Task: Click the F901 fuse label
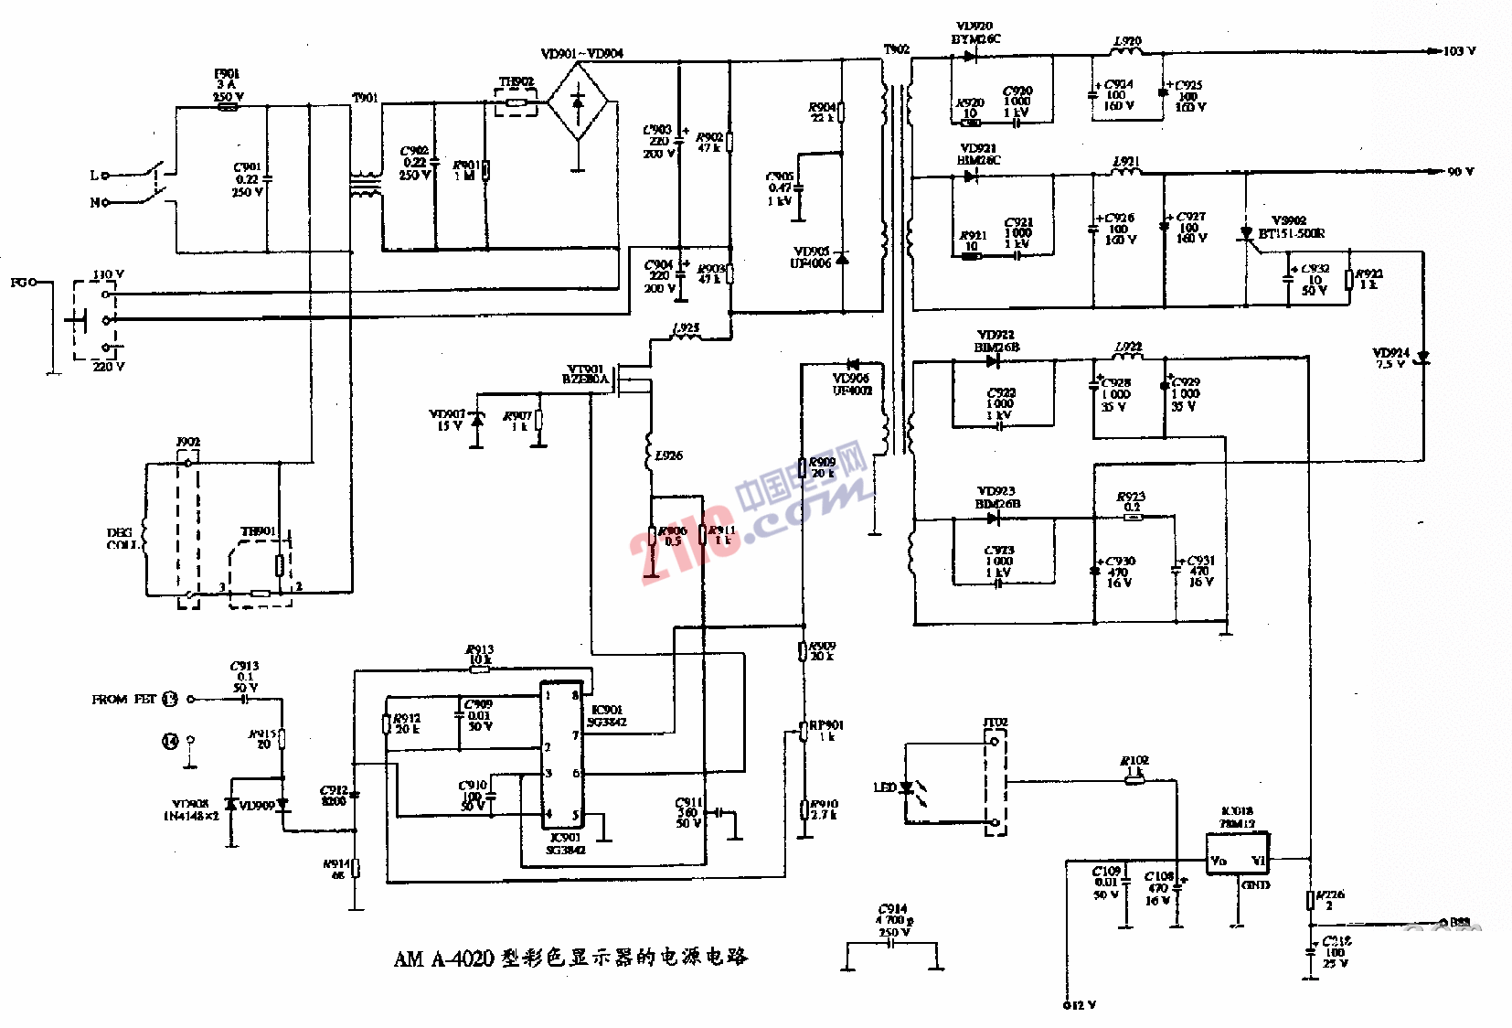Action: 227,74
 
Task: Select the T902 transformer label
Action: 897,49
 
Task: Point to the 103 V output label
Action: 1459,51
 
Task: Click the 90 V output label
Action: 1460,172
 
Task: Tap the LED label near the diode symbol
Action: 884,787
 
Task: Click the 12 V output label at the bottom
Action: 1080,1005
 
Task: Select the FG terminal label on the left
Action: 18,283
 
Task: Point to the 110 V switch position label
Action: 108,274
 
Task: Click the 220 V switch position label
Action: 108,367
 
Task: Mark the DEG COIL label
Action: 121,539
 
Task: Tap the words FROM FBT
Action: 123,700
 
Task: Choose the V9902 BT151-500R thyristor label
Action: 1290,227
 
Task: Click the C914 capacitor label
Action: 892,909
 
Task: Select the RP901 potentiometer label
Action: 825,725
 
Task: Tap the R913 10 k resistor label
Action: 480,655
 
